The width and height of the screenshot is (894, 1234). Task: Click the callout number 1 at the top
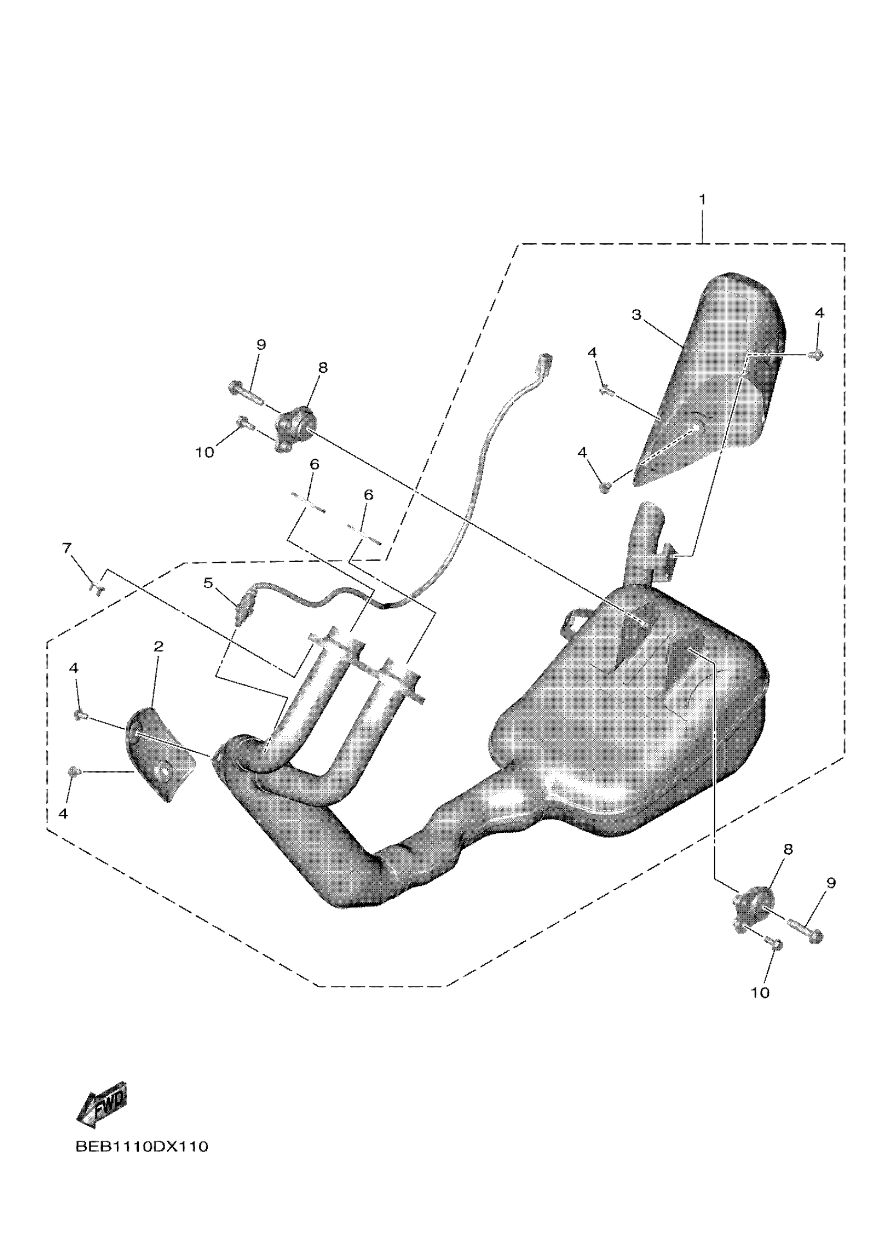click(x=702, y=200)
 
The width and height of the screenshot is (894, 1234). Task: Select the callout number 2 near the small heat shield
click(x=158, y=647)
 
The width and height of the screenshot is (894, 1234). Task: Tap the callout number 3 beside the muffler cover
click(x=636, y=315)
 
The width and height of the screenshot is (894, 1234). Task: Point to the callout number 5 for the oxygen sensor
click(x=208, y=583)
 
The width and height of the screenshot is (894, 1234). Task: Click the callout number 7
click(x=66, y=548)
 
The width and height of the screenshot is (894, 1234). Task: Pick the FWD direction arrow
click(x=103, y=1106)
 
